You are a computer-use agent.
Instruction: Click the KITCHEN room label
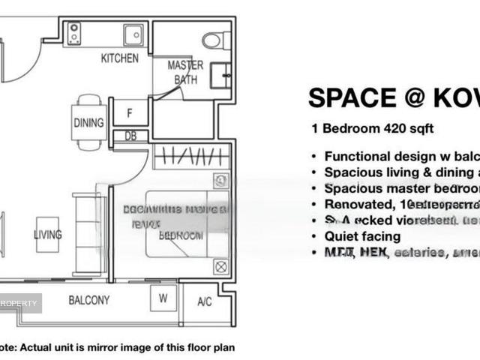[x=120, y=58]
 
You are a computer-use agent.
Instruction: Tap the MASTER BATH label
[x=185, y=72]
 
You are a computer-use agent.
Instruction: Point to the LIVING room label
[x=47, y=235]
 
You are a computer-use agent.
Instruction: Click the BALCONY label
[x=89, y=300]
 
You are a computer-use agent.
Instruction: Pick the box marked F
[x=130, y=114]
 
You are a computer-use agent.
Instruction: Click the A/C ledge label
[x=204, y=302]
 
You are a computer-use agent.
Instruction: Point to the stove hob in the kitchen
[x=75, y=32]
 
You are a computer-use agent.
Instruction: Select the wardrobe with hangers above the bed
[x=190, y=157]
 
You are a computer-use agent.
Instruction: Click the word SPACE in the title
[x=352, y=98]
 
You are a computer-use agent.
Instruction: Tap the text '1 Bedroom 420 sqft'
[x=373, y=128]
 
